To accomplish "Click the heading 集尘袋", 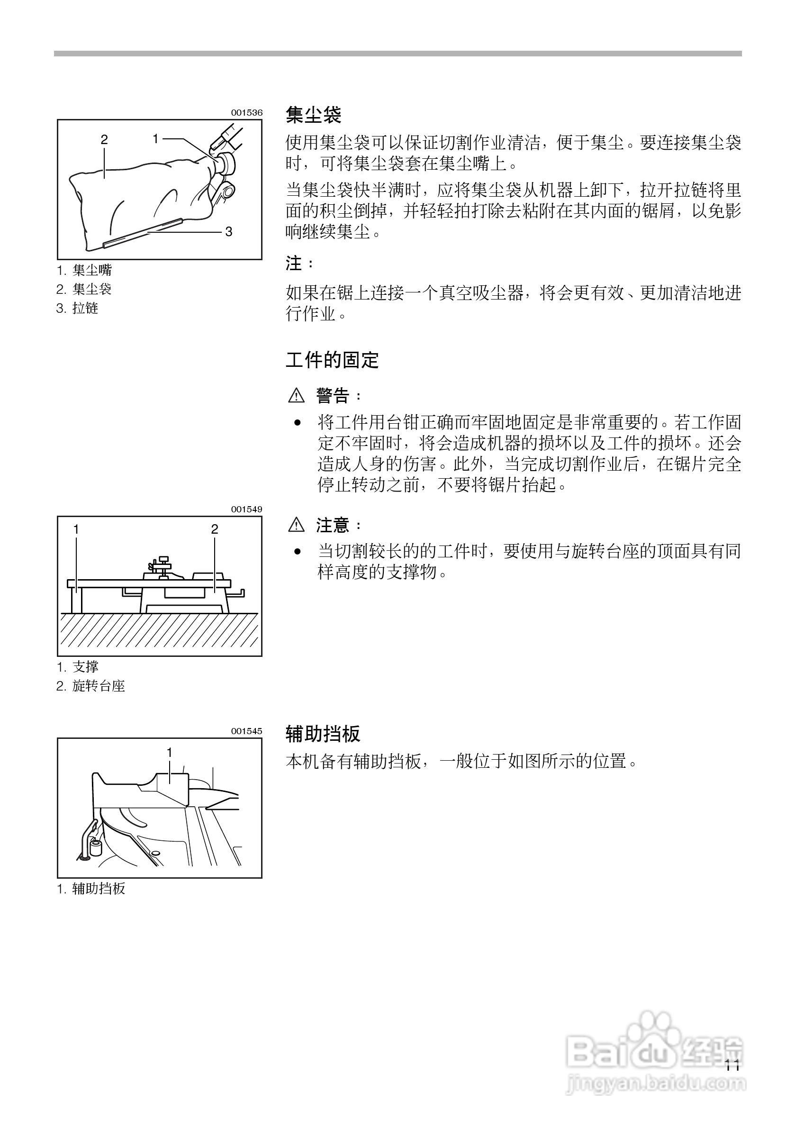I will [x=313, y=116].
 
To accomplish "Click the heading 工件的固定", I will [x=332, y=360].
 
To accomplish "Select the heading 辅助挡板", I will [x=323, y=734].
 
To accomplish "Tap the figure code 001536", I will [x=246, y=112].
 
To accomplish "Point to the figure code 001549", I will [x=246, y=509].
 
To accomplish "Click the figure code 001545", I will [x=246, y=731].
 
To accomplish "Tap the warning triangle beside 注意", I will [x=297, y=525].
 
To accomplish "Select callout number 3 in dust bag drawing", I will [x=228, y=231].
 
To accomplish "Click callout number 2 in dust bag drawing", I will [x=104, y=139].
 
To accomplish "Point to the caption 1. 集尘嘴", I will [x=84, y=270].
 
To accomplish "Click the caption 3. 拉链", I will [x=78, y=308].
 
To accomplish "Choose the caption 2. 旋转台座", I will [x=91, y=686].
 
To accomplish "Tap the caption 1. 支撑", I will [x=78, y=667].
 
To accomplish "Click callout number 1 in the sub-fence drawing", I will [x=170, y=752].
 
